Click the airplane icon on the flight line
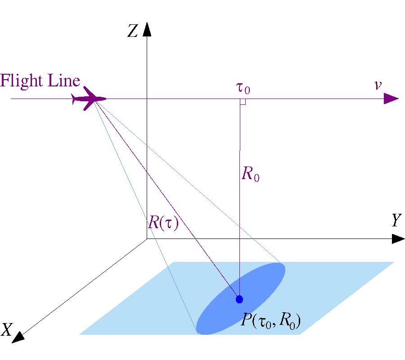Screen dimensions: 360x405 (x=89, y=99)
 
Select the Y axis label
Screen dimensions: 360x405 (x=396, y=220)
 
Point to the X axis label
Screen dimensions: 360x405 (x=7, y=330)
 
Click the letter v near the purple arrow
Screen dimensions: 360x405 (x=378, y=85)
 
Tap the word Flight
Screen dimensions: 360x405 (x=18, y=81)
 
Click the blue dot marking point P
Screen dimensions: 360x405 (x=239, y=299)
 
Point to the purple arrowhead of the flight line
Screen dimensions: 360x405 (x=391, y=99)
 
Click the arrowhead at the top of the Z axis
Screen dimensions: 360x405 (x=147, y=30)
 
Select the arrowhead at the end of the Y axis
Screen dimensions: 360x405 (x=398, y=239)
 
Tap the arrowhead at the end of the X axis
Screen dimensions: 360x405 (x=18, y=336)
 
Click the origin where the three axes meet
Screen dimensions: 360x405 (x=147, y=239)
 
